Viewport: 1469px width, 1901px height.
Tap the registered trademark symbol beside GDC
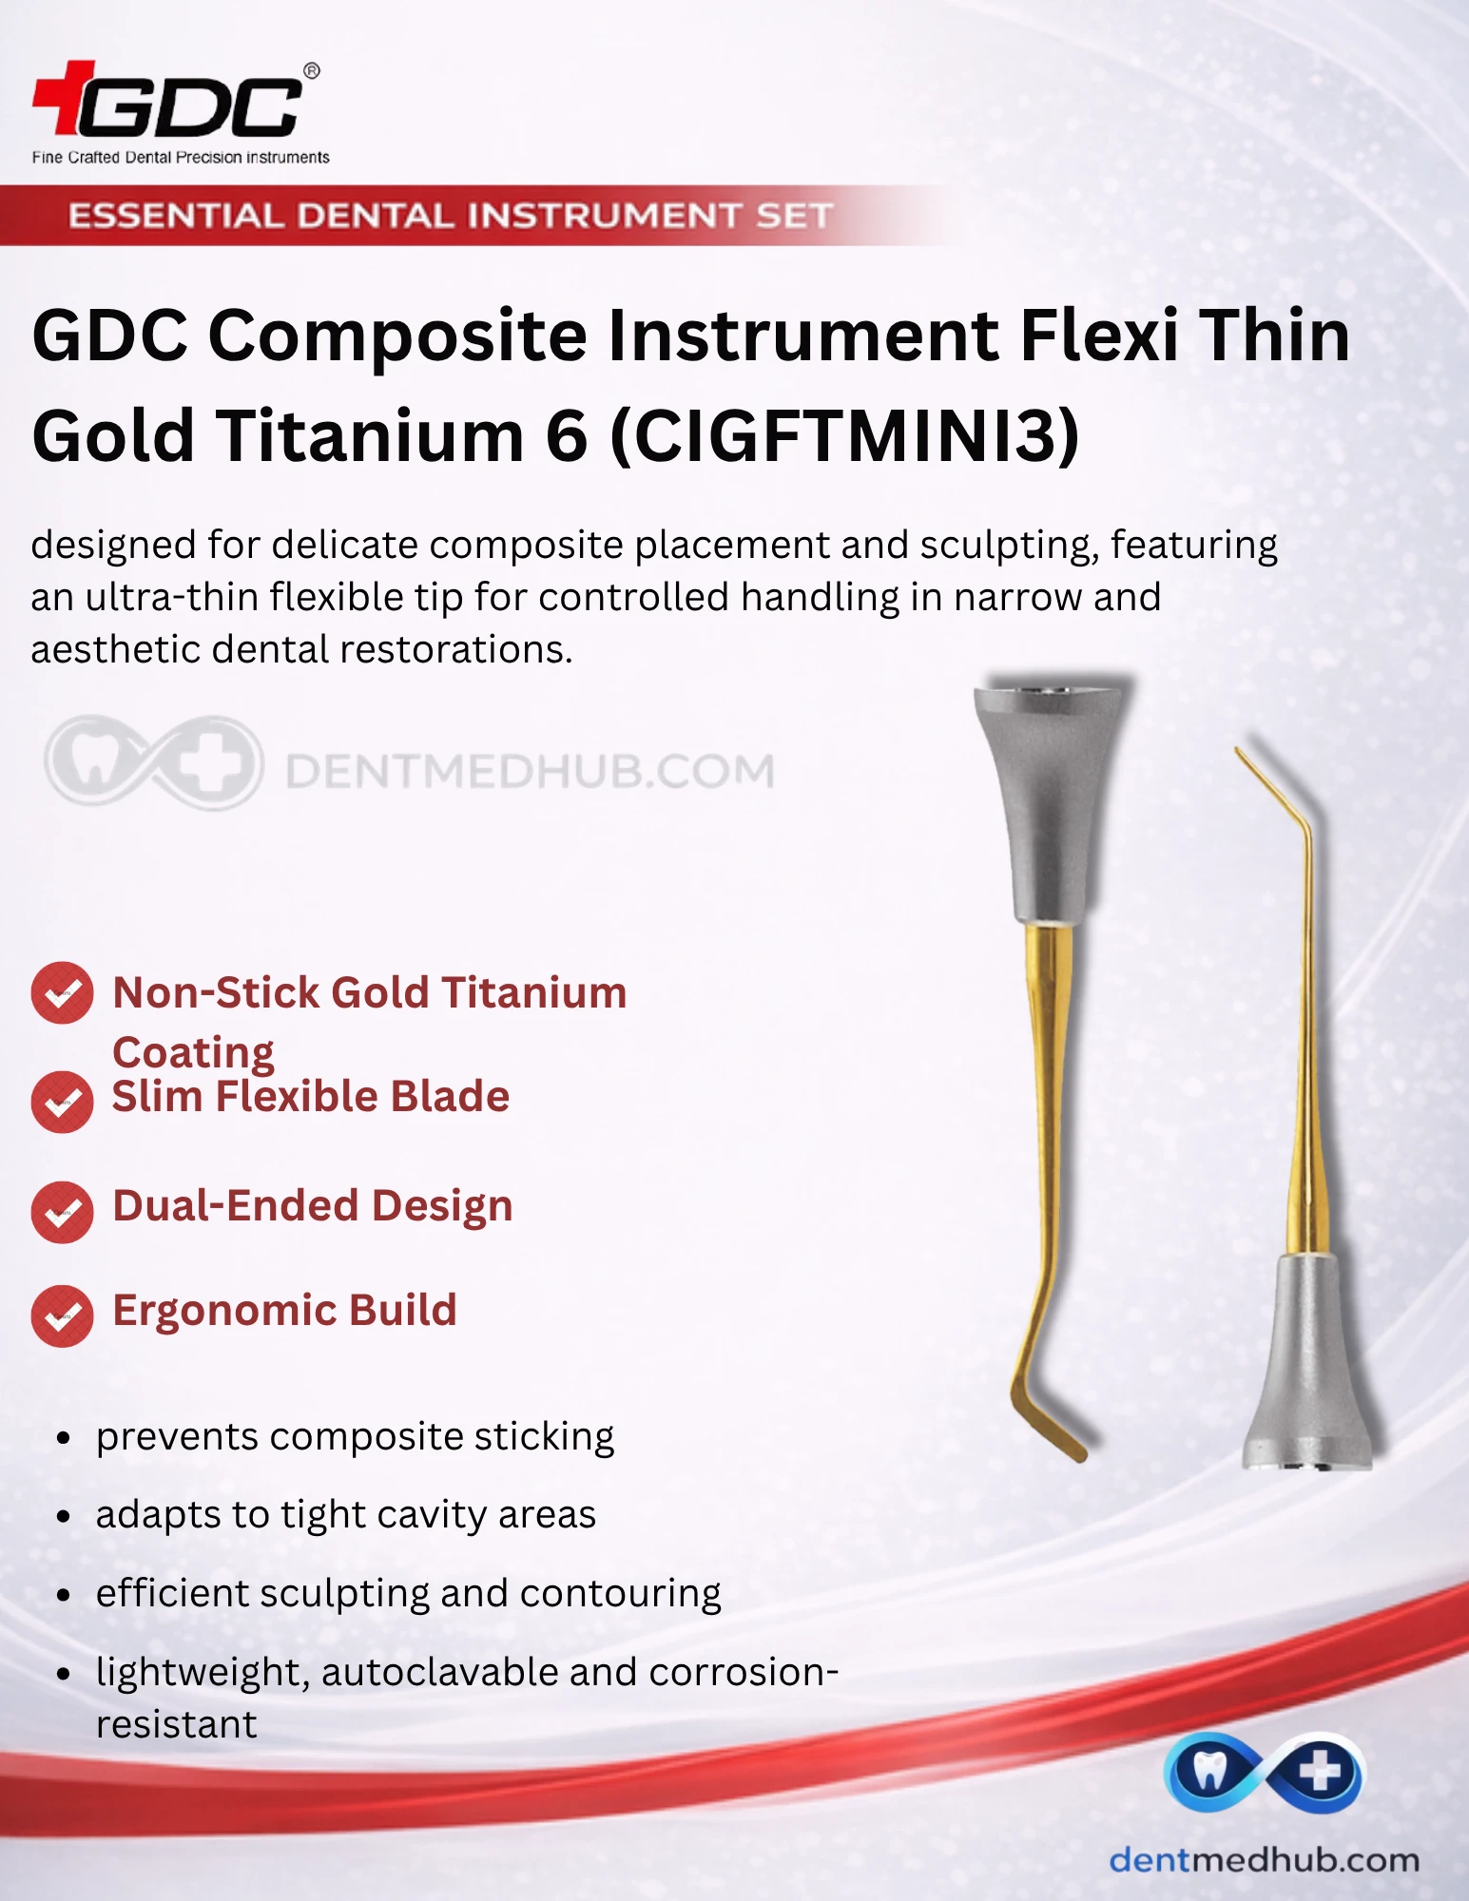pos(311,70)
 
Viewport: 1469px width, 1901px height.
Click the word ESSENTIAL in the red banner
pos(176,216)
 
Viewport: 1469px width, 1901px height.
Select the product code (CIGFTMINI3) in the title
pos(844,435)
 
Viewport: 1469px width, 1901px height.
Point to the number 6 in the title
pos(567,435)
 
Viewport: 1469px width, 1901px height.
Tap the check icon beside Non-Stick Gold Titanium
pos(62,993)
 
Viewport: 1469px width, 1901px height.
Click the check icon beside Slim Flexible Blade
pos(62,1102)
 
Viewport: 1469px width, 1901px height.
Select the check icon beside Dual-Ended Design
pos(62,1212)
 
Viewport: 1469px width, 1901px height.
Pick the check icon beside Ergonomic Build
pos(62,1316)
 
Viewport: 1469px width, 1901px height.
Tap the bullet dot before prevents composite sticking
pos(64,1438)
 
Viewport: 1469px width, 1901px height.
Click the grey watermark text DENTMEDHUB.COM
pos(530,771)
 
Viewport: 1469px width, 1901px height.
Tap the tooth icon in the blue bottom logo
pos(1209,1772)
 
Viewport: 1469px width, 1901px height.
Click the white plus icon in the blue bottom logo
pos(1320,1773)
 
